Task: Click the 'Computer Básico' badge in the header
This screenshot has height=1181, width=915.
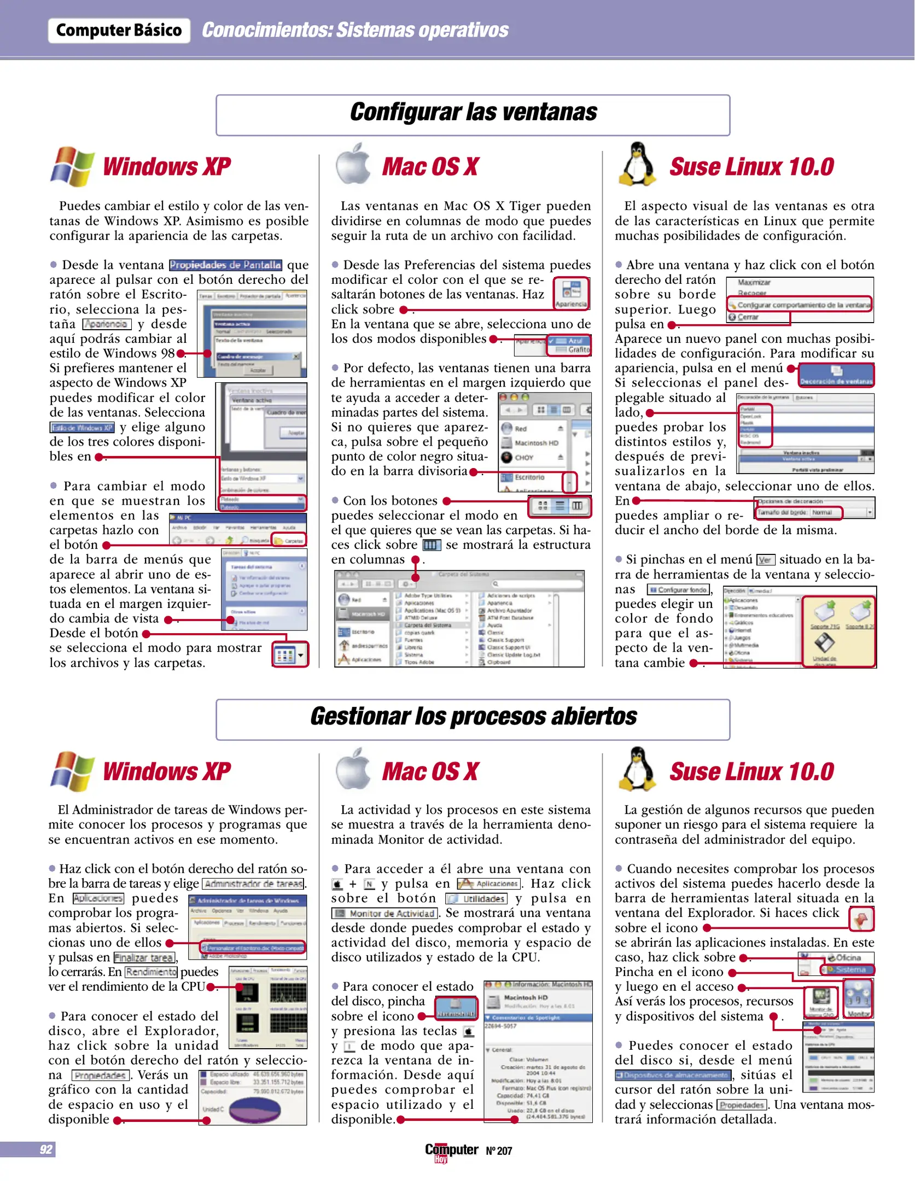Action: (x=119, y=30)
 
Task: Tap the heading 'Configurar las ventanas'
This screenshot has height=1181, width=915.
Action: (x=473, y=113)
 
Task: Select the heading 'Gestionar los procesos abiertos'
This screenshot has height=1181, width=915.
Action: (x=473, y=717)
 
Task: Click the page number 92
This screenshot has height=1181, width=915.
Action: (x=46, y=1149)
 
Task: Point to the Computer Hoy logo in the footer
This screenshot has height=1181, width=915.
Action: (x=451, y=1151)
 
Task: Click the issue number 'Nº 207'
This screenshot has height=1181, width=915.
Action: (x=499, y=1151)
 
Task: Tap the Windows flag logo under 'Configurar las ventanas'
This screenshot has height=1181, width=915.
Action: (x=72, y=166)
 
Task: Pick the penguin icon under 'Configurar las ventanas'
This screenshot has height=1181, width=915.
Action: (x=637, y=164)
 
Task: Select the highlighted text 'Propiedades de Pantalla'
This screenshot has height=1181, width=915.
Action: (x=225, y=265)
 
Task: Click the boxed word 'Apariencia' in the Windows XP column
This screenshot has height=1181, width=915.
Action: (x=107, y=324)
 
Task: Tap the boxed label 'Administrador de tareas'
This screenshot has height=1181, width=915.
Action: (x=254, y=884)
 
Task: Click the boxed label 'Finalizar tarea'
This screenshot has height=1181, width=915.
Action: (x=144, y=957)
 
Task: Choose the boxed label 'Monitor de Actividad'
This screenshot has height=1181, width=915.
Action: (x=385, y=913)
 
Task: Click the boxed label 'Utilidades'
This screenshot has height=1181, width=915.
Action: (x=476, y=898)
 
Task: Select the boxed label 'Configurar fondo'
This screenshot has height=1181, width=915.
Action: (x=678, y=589)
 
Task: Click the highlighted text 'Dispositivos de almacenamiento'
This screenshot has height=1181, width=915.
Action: (x=673, y=1075)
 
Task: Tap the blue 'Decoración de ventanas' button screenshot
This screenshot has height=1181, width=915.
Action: (x=836, y=376)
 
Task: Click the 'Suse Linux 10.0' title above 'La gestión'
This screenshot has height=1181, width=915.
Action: (x=751, y=771)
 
